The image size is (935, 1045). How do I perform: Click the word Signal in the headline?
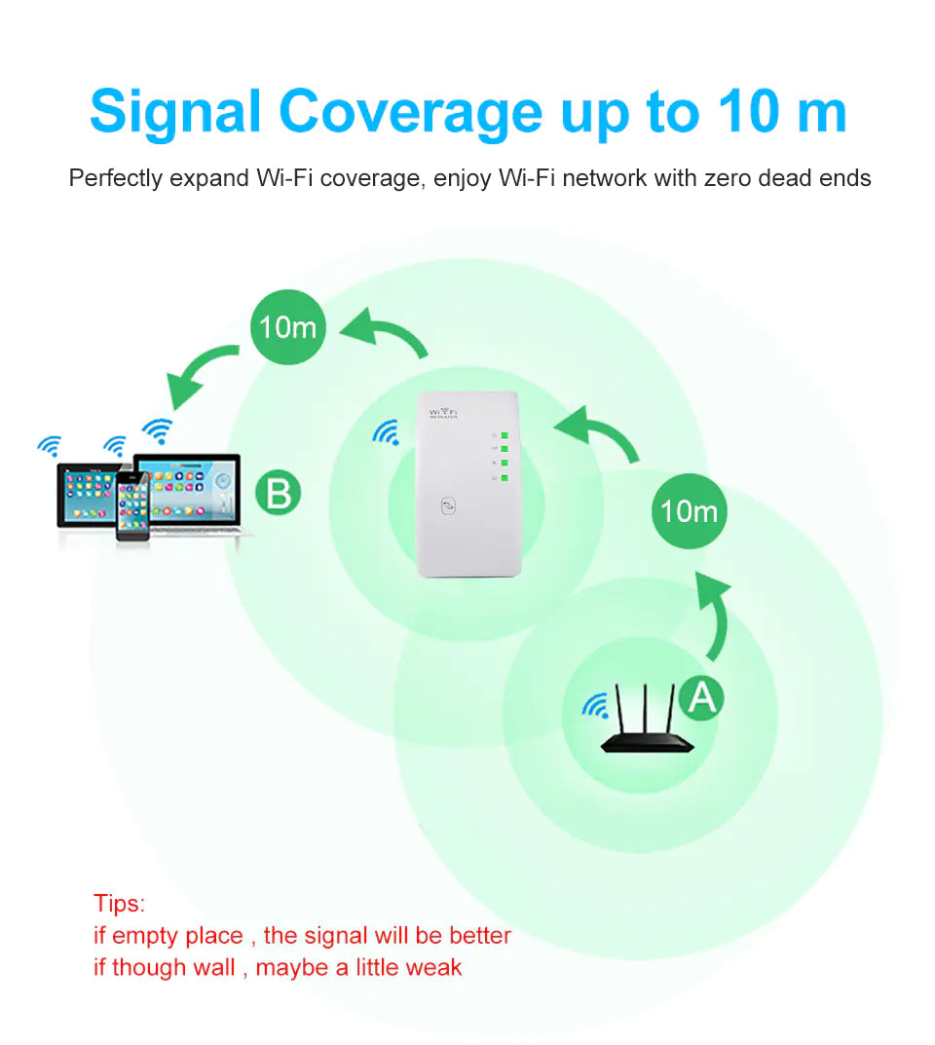(x=175, y=112)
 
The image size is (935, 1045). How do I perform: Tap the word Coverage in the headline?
(x=410, y=112)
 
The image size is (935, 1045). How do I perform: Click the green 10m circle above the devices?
(x=287, y=327)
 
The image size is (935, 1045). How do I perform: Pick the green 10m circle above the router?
(x=689, y=510)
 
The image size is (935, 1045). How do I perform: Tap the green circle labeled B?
(x=278, y=494)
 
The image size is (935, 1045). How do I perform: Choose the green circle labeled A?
(x=701, y=696)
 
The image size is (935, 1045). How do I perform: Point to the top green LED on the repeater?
(x=505, y=434)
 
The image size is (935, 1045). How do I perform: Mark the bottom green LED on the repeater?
(x=505, y=477)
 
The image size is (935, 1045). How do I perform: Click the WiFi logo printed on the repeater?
(x=448, y=413)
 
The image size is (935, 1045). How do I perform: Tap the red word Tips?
(x=119, y=903)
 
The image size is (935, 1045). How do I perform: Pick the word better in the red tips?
(x=479, y=935)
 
